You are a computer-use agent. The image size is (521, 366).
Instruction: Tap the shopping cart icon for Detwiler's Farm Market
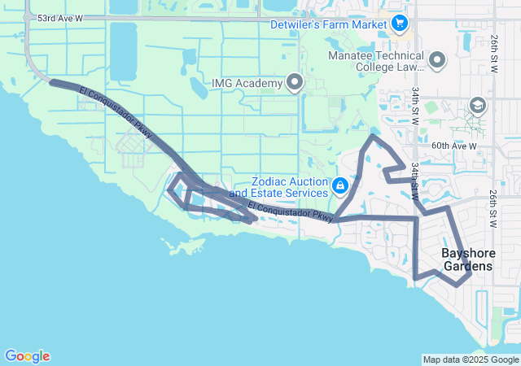tap(399, 23)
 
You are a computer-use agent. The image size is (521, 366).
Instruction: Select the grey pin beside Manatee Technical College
tap(437, 61)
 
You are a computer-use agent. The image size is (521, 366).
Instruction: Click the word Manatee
tap(349, 55)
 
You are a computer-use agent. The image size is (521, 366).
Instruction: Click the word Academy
tap(259, 83)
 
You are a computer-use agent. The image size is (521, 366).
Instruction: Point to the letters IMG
tap(222, 83)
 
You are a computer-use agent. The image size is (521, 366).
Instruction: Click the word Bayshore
tap(467, 253)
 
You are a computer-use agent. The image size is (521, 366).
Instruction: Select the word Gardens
tap(467, 266)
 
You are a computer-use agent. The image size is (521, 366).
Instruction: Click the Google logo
tap(27, 356)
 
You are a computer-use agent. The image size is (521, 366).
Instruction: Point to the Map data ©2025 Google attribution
tap(471, 359)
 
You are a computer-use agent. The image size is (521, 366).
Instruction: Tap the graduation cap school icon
tap(477, 105)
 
